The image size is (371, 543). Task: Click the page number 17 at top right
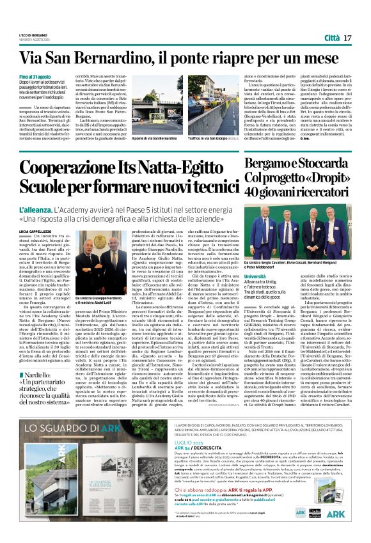[x=356, y=39]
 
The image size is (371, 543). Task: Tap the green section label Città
[x=333, y=39]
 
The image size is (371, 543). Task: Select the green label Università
[x=255, y=276]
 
